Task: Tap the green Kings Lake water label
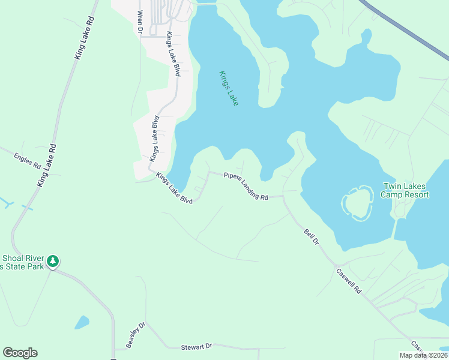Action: pos(229,88)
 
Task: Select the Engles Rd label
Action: pos(28,160)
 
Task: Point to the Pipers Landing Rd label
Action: pos(246,186)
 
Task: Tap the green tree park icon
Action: pos(53,261)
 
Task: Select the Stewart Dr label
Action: pos(197,347)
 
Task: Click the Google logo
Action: pos(20,353)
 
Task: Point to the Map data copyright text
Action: pos(424,355)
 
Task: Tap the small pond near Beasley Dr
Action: pos(82,322)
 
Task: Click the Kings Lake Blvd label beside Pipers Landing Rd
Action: pos(173,188)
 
